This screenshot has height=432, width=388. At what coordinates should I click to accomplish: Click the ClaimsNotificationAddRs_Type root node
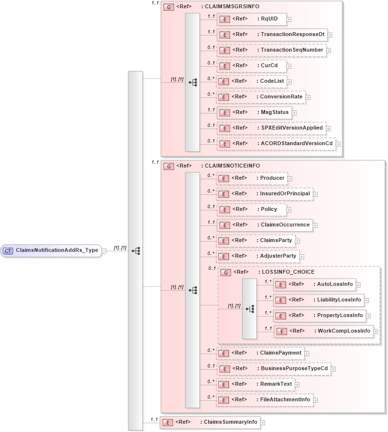pos(51,250)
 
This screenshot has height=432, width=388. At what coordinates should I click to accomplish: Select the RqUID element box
pos(251,19)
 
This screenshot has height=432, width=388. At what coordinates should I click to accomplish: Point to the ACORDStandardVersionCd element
pos(276,143)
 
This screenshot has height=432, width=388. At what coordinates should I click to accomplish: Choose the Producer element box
pos(252,178)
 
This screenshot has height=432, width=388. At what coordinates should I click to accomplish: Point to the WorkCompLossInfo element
pos(324,331)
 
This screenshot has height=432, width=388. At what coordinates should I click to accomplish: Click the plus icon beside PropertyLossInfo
pos(368,316)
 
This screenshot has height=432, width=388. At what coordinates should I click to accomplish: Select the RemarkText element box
pos(255,384)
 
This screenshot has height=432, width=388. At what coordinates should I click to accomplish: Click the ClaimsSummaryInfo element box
pos(210,422)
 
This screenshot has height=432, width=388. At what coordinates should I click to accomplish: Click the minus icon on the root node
pos(104,251)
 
